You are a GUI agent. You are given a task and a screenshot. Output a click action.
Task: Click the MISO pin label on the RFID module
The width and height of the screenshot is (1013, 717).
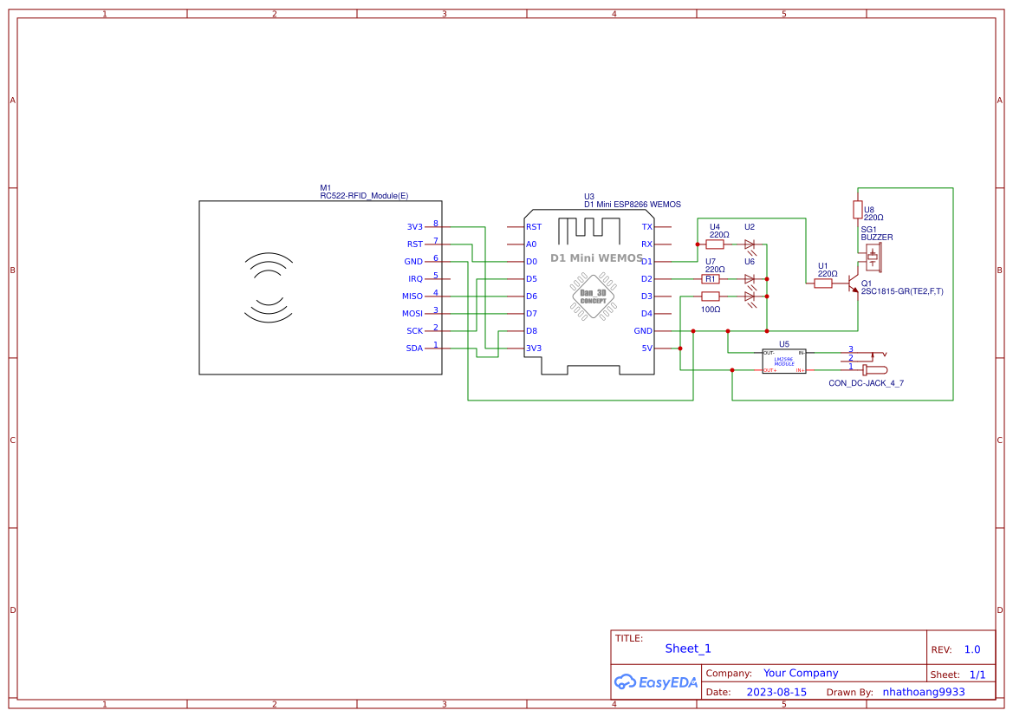click(x=412, y=297)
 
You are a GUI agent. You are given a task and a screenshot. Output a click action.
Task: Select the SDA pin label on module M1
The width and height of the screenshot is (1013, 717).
click(x=414, y=349)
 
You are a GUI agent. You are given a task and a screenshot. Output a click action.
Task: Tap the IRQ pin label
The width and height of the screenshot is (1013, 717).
click(x=415, y=279)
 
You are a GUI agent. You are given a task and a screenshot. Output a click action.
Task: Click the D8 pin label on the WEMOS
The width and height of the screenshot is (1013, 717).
click(x=531, y=331)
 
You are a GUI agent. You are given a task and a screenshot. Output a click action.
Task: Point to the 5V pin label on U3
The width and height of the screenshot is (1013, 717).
click(x=646, y=349)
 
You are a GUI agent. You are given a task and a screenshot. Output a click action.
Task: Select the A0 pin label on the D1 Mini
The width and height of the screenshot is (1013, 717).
click(x=531, y=244)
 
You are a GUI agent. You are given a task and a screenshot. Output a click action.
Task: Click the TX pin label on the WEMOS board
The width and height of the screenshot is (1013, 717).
click(x=646, y=227)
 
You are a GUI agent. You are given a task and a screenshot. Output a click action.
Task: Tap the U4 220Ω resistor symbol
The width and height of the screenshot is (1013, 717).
click(x=715, y=244)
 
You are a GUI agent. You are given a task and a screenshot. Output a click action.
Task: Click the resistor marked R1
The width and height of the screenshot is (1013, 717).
click(x=711, y=279)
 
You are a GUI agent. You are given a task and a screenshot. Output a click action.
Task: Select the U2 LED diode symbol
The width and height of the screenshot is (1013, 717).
click(x=750, y=245)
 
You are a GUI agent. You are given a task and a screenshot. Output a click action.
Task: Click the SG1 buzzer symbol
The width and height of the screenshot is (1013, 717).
click(x=873, y=257)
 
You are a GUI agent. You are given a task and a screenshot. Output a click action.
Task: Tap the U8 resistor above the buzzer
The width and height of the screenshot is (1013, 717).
click(x=857, y=209)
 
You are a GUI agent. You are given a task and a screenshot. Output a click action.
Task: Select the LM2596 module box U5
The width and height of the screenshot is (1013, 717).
click(x=783, y=362)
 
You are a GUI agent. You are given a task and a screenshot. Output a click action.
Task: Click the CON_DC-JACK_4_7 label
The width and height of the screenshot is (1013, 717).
click(x=866, y=382)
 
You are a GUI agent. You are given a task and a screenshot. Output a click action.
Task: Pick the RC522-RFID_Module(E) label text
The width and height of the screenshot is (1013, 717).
click(x=364, y=196)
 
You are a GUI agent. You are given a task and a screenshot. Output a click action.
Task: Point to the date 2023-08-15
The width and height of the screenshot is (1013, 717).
click(x=776, y=692)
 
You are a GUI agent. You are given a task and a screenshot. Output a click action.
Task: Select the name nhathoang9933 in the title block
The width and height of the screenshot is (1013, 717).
click(x=923, y=692)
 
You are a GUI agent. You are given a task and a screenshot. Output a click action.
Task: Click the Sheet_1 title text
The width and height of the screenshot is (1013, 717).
click(x=688, y=649)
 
